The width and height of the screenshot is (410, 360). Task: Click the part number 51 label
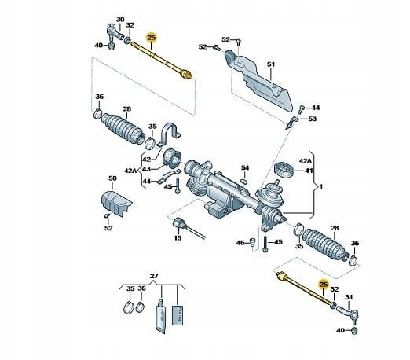point(271,64)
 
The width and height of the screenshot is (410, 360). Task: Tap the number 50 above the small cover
point(112,178)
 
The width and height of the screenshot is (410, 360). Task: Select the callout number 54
point(245,167)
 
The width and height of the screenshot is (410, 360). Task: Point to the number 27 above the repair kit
point(154,276)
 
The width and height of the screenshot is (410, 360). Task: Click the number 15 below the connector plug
point(178,238)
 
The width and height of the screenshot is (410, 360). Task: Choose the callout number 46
point(240,243)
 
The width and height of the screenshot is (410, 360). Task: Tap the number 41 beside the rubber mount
point(309,171)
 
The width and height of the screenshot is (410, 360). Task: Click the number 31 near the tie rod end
point(349,297)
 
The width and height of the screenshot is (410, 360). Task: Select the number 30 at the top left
point(120,20)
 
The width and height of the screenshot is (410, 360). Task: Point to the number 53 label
point(312,119)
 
